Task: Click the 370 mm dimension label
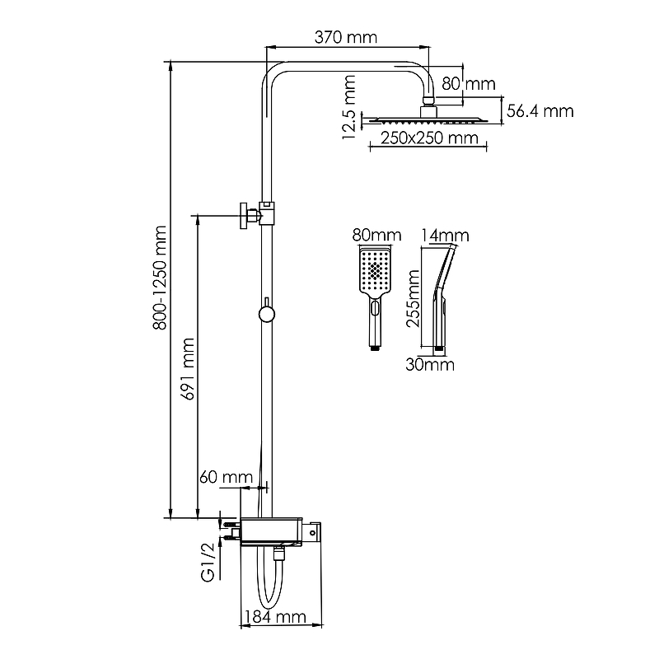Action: click(346, 37)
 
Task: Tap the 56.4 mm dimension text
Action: click(540, 111)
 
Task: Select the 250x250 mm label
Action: click(429, 138)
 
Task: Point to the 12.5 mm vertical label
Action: click(349, 107)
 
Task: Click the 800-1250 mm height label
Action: click(160, 278)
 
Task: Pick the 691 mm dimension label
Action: click(188, 368)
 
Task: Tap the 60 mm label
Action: click(226, 477)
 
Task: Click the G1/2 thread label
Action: click(208, 563)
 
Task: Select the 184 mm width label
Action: click(275, 617)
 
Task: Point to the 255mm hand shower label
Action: click(413, 298)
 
